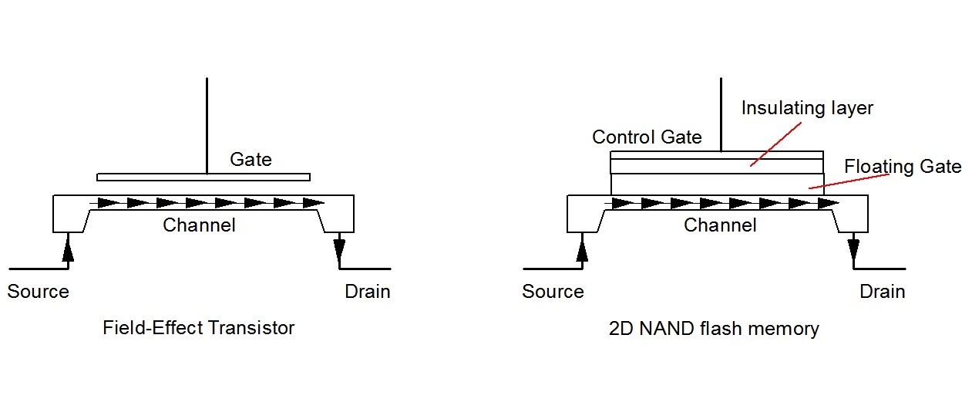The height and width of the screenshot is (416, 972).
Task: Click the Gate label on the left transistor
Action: point(251,160)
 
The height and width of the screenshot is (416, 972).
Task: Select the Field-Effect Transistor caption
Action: point(198,328)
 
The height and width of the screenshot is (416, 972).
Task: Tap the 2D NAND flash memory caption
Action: point(713,329)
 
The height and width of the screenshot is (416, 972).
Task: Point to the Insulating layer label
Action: point(807,108)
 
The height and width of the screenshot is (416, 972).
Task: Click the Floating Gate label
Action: point(903,167)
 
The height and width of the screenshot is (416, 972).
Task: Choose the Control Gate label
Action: point(647,137)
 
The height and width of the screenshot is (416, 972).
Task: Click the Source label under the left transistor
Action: point(38,292)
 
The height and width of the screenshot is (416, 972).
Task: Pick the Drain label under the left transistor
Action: point(367,292)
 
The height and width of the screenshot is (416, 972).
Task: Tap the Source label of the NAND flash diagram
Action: point(553,292)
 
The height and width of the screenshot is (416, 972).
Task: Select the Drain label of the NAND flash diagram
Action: point(882,292)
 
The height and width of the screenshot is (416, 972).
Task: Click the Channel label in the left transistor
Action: point(199,225)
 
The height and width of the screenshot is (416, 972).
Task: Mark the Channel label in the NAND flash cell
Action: point(720,225)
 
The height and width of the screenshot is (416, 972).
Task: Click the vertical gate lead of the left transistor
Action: point(207,123)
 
